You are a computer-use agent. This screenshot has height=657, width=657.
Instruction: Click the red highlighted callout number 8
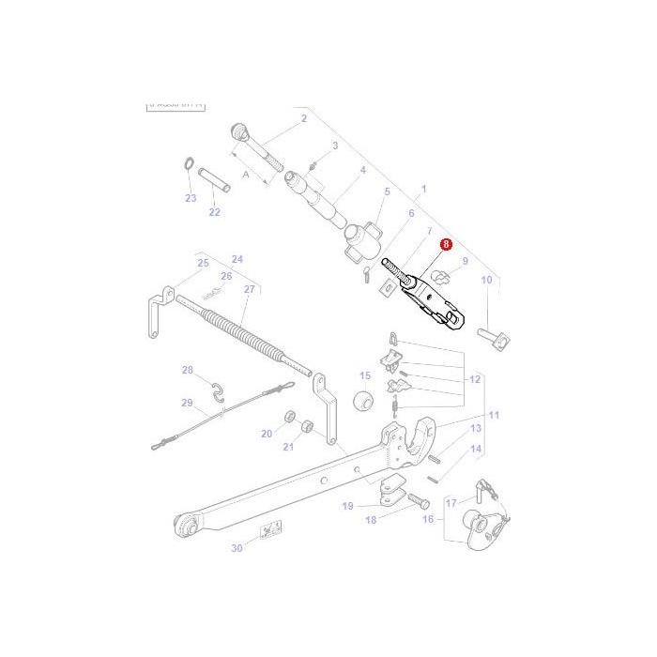[x=446, y=243]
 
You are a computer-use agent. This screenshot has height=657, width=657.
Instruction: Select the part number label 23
[x=191, y=198]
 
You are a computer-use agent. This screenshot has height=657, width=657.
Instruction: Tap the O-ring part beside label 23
[x=187, y=168]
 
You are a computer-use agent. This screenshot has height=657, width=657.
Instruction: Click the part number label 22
[x=214, y=212]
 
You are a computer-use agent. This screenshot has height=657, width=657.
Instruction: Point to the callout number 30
[x=237, y=548]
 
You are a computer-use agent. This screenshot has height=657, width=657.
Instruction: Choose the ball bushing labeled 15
[x=362, y=403]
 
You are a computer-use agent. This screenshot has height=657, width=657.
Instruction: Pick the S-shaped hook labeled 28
[x=217, y=392]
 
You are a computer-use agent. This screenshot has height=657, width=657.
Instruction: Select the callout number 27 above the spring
[x=249, y=289]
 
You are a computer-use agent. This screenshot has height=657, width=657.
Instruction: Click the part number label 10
[x=486, y=280]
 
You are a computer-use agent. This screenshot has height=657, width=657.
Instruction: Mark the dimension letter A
[x=247, y=174]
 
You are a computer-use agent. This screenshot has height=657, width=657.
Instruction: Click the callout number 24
[x=237, y=259]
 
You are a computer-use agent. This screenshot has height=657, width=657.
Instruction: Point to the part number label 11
[x=494, y=415]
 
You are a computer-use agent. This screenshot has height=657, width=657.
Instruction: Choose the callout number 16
[x=428, y=517]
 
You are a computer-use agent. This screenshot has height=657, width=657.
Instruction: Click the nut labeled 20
[x=288, y=416]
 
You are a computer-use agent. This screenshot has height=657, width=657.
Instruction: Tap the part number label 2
[x=303, y=119]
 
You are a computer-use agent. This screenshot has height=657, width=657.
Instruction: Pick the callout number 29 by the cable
[x=187, y=404]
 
